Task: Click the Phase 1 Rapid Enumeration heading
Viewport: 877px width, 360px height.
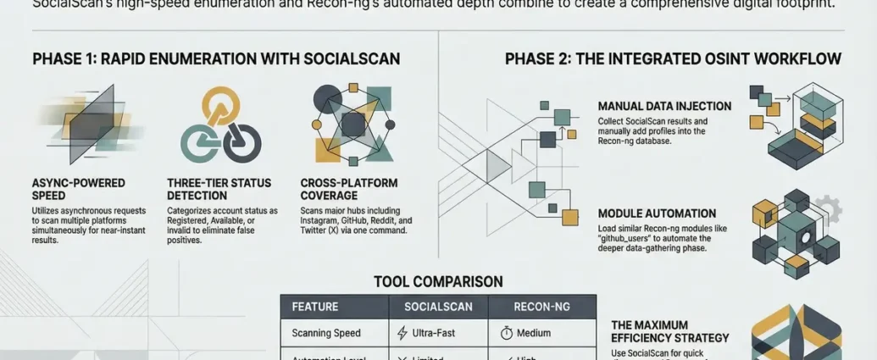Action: [x=216, y=59]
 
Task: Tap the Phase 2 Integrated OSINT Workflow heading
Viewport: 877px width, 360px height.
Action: [x=673, y=59]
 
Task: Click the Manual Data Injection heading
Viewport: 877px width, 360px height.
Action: [x=664, y=107]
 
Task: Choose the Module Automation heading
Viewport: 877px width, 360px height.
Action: [x=657, y=213]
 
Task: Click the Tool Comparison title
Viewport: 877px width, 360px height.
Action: [x=438, y=281]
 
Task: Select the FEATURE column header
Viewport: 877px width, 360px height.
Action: [x=315, y=307]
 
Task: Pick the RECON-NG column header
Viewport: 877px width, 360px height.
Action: [x=541, y=307]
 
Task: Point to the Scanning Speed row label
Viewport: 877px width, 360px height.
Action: [x=326, y=333]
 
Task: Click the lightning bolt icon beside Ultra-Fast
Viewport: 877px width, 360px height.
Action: [x=402, y=333]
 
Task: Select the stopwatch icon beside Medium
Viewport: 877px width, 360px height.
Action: [x=507, y=333]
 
